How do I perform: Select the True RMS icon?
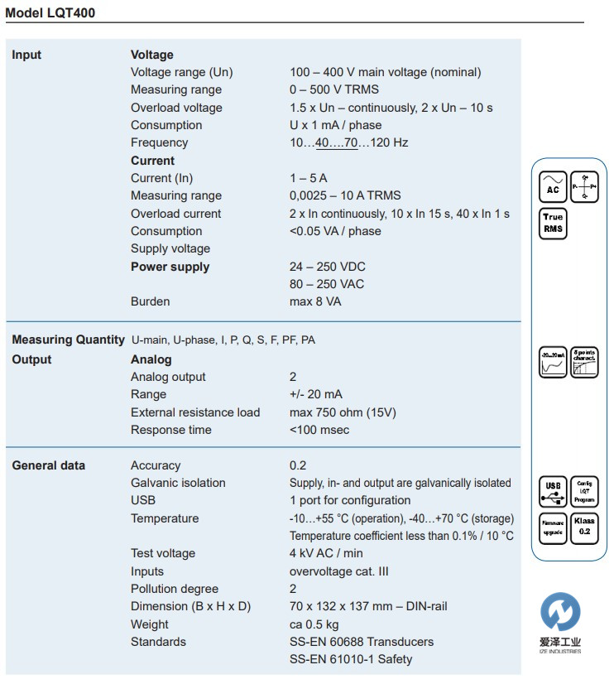click(x=553, y=224)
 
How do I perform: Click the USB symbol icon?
click(x=552, y=492)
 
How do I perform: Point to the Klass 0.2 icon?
click(x=584, y=527)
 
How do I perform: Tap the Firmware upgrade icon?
click(x=552, y=527)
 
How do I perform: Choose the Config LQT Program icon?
click(x=584, y=492)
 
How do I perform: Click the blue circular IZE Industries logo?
click(x=560, y=614)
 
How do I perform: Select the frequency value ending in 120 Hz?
click(x=348, y=142)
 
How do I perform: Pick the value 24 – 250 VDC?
click(x=327, y=267)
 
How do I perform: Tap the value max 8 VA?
click(x=315, y=301)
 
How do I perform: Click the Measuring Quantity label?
click(x=68, y=340)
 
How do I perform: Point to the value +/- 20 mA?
click(x=316, y=394)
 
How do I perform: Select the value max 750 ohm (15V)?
click(x=343, y=412)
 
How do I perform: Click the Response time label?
click(x=170, y=430)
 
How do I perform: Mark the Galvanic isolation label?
click(x=178, y=483)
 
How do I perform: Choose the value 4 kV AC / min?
click(x=326, y=553)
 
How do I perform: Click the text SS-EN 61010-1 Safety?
click(x=351, y=659)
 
